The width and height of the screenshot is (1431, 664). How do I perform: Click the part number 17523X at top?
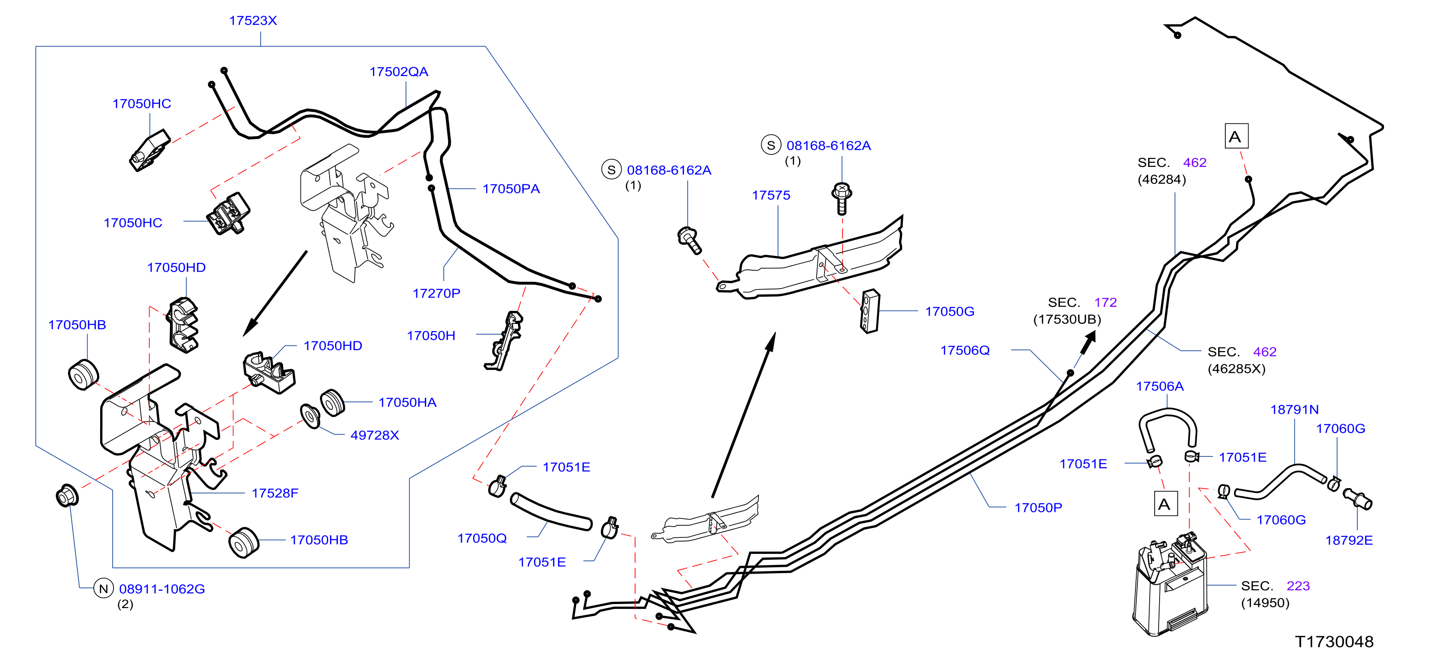coord(253,21)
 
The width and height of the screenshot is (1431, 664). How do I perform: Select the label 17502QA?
coord(399,72)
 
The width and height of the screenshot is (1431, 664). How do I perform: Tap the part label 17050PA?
coord(511,189)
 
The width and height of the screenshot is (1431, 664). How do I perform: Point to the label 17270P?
coord(436,294)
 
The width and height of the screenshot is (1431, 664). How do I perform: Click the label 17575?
coord(771,196)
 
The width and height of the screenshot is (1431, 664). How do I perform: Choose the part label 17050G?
coord(949,312)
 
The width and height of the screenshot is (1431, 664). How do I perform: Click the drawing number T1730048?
coord(1334,642)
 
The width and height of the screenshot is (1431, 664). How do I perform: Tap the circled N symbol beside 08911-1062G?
coord(103,588)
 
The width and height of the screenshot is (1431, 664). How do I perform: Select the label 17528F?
coord(275,494)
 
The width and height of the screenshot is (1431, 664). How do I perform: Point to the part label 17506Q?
coord(965,351)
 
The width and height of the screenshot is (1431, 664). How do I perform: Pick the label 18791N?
coord(1294,409)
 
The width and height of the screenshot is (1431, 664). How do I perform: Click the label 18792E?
coord(1349,541)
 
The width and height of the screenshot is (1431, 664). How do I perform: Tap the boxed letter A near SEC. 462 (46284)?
coord(1236,136)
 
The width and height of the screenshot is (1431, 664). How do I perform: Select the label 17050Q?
coord(482,538)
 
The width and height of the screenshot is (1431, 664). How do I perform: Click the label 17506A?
coord(1160,387)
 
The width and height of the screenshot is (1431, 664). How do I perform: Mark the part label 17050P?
coord(1038,508)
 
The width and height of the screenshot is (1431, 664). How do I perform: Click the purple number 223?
coord(1298,586)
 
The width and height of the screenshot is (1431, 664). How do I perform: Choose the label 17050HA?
coord(407,403)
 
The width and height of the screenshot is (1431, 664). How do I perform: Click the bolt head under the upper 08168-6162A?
coord(842,192)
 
